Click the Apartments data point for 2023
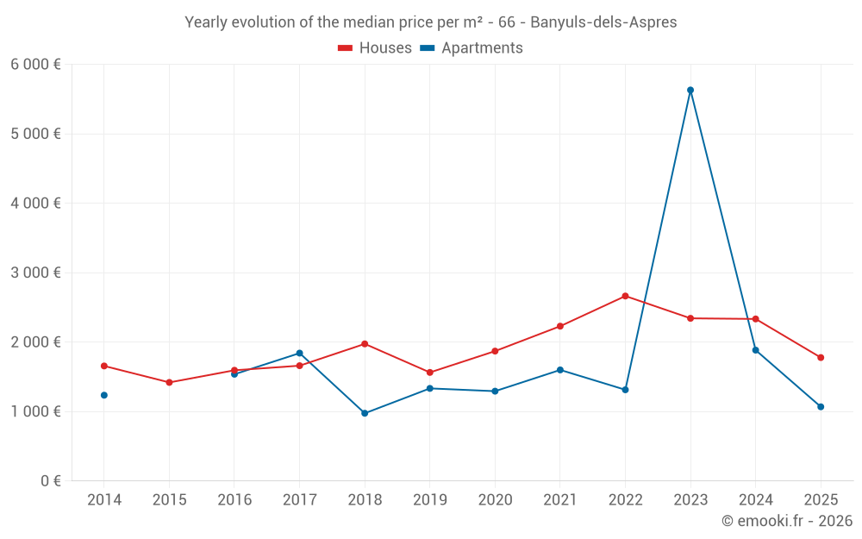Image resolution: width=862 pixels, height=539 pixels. tap(690, 90)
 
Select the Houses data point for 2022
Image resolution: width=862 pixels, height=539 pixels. tap(625, 296)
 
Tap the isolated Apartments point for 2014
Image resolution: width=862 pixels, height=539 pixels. tap(104, 395)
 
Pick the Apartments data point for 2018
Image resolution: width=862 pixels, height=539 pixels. tap(365, 413)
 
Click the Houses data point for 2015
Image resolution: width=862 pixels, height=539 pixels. tap(169, 382)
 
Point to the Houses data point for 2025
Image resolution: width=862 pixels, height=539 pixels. tap(821, 357)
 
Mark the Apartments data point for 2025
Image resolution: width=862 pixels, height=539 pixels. tap(821, 406)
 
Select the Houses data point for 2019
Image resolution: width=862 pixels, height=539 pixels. tap(430, 373)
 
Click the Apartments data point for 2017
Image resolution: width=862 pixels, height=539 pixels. tap(299, 353)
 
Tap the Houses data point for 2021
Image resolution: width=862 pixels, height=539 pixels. tap(560, 326)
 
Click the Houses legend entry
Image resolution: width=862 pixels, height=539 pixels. tap(375, 48)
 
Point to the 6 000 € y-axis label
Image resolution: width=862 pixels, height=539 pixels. tap(35, 65)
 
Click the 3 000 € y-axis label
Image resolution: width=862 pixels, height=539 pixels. tap(35, 273)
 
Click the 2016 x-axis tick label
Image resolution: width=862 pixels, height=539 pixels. tap(234, 499)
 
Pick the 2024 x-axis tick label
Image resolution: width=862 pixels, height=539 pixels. tap(755, 499)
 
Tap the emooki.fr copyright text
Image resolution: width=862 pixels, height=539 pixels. tap(787, 521)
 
